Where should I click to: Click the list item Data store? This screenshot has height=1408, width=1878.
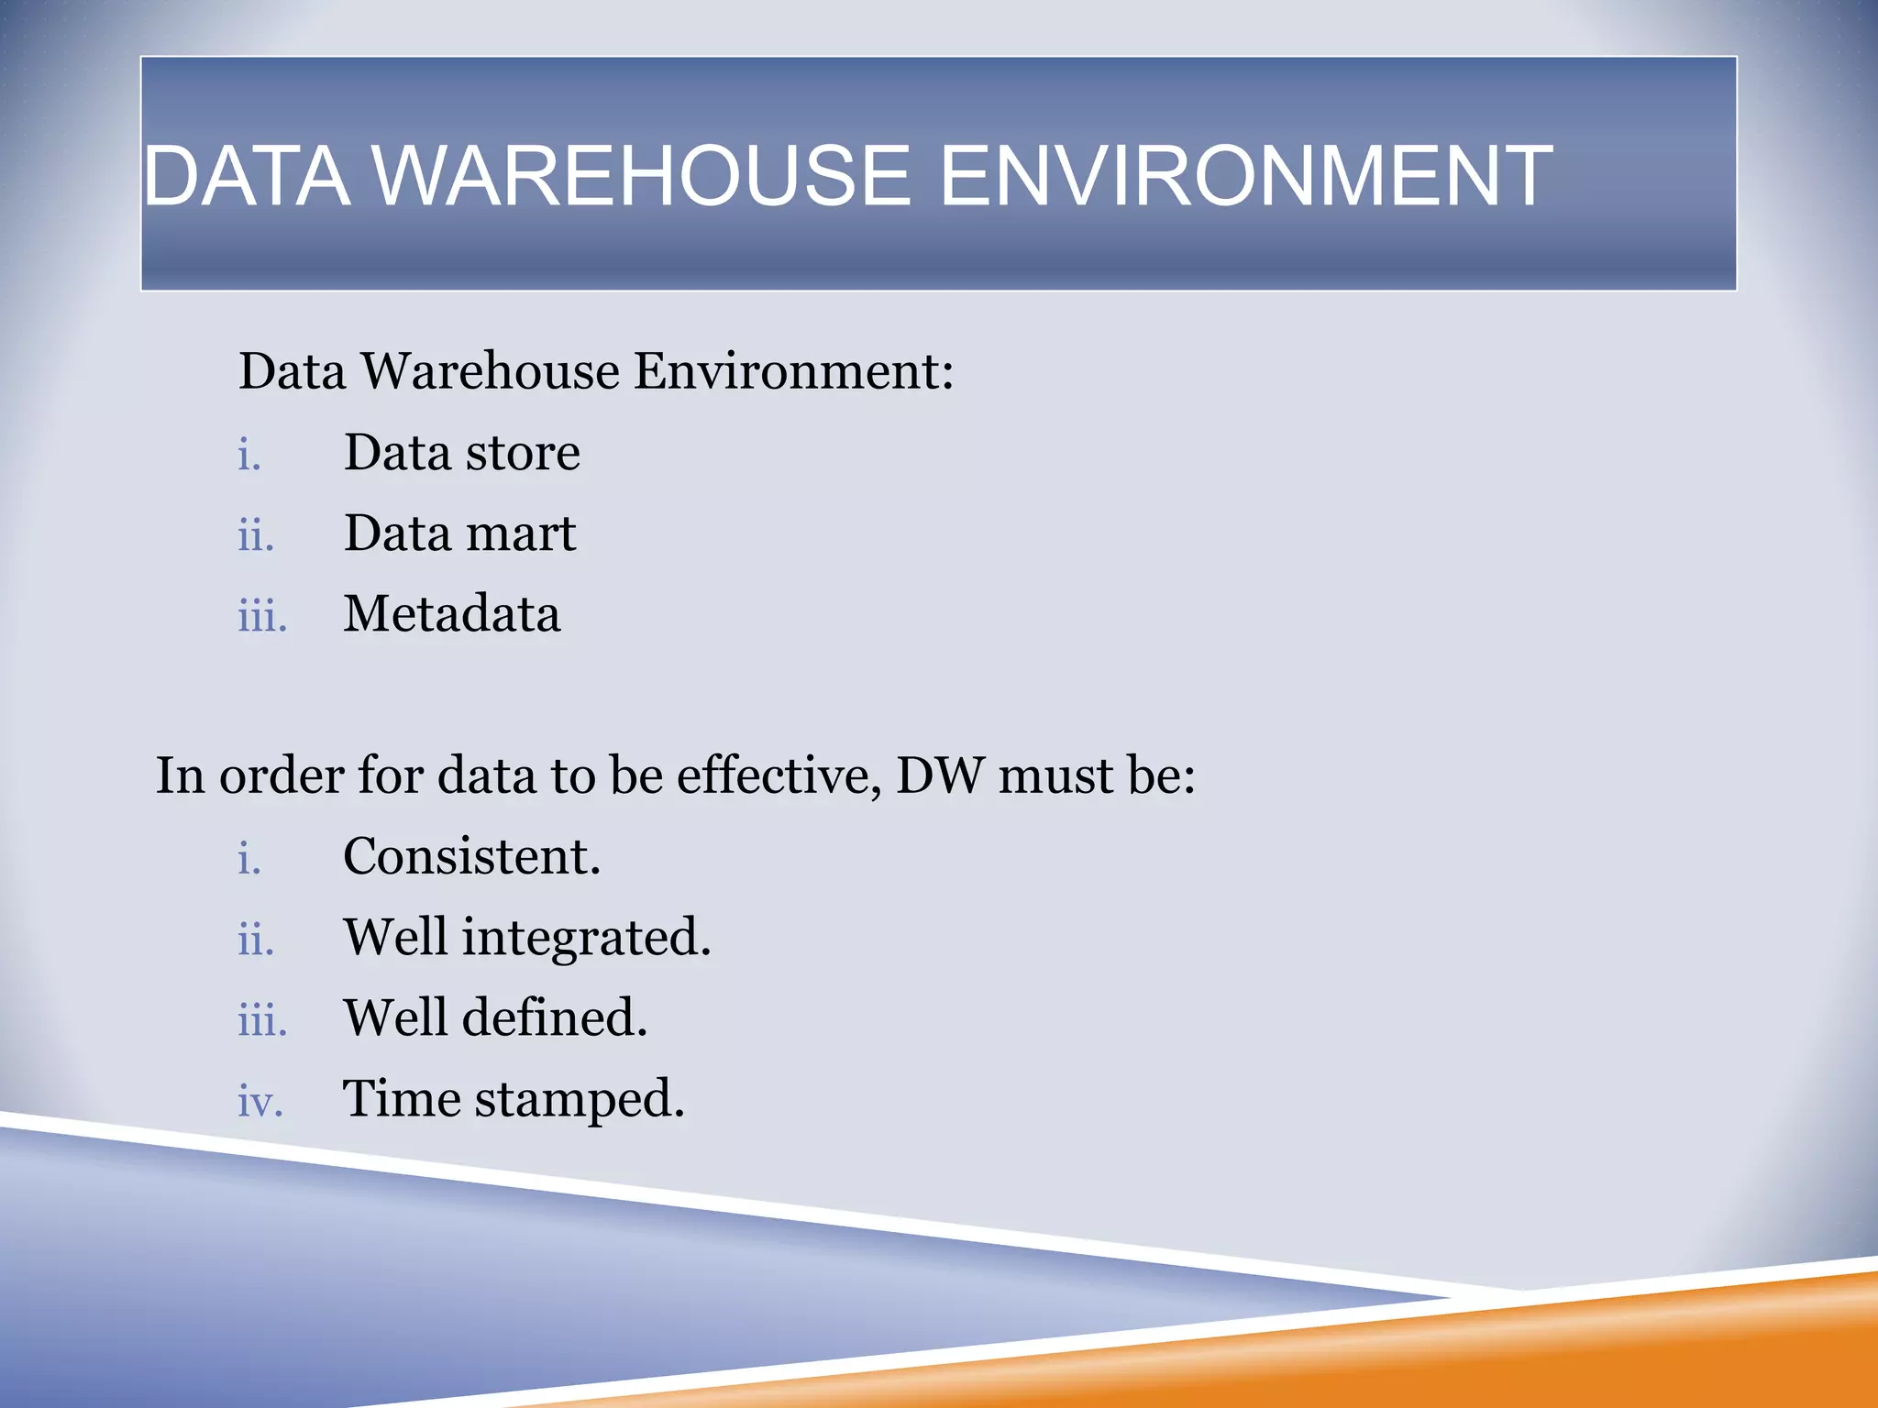tap(461, 453)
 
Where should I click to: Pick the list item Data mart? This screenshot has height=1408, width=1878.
tap(459, 533)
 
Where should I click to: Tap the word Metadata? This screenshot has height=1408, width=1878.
tap(451, 614)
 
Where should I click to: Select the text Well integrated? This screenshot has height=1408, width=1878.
tap(527, 938)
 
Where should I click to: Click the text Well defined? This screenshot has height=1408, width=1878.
tap(495, 1018)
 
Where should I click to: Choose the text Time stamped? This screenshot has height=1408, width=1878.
tap(514, 1099)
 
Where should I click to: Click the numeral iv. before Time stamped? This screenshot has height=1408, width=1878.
tap(260, 1101)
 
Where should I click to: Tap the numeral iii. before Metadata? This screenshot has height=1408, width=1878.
tap(262, 615)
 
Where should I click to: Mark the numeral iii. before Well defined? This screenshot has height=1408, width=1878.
tap(262, 1019)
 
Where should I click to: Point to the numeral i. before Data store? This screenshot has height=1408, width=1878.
tap(249, 454)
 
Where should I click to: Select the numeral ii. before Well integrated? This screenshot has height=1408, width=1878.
tap(256, 939)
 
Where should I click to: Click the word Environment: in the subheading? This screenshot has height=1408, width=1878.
tap(793, 372)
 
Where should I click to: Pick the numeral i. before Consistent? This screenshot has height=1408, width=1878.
tap(249, 858)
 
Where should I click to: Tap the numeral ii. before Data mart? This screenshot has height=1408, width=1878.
tap(256, 534)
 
